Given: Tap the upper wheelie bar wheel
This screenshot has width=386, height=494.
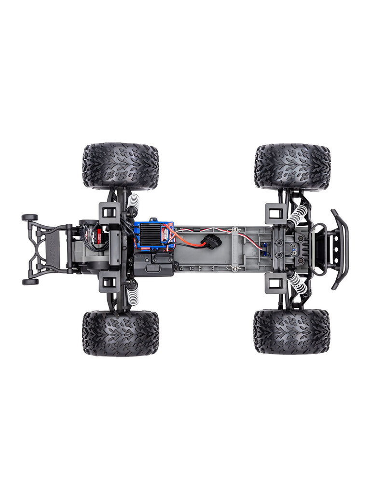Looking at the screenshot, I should pyautogui.click(x=29, y=218).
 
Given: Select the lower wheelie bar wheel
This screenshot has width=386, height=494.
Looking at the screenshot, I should pyautogui.click(x=29, y=282).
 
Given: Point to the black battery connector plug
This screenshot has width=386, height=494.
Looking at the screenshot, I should pyautogui.click(x=213, y=241).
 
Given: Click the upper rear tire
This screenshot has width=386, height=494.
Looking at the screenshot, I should pyautogui.click(x=120, y=166).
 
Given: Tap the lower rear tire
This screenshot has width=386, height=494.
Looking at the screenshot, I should pyautogui.click(x=120, y=333).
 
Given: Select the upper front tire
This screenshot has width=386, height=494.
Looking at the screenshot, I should pyautogui.click(x=292, y=166).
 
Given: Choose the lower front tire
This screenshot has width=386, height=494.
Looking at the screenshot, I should pyautogui.click(x=291, y=332).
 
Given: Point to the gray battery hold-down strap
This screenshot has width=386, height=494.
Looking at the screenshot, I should pyautogui.click(x=235, y=248).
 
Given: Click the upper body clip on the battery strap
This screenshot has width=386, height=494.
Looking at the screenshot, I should pyautogui.click(x=234, y=229).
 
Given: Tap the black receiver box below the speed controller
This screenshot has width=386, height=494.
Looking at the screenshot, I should pyautogui.click(x=153, y=263).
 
